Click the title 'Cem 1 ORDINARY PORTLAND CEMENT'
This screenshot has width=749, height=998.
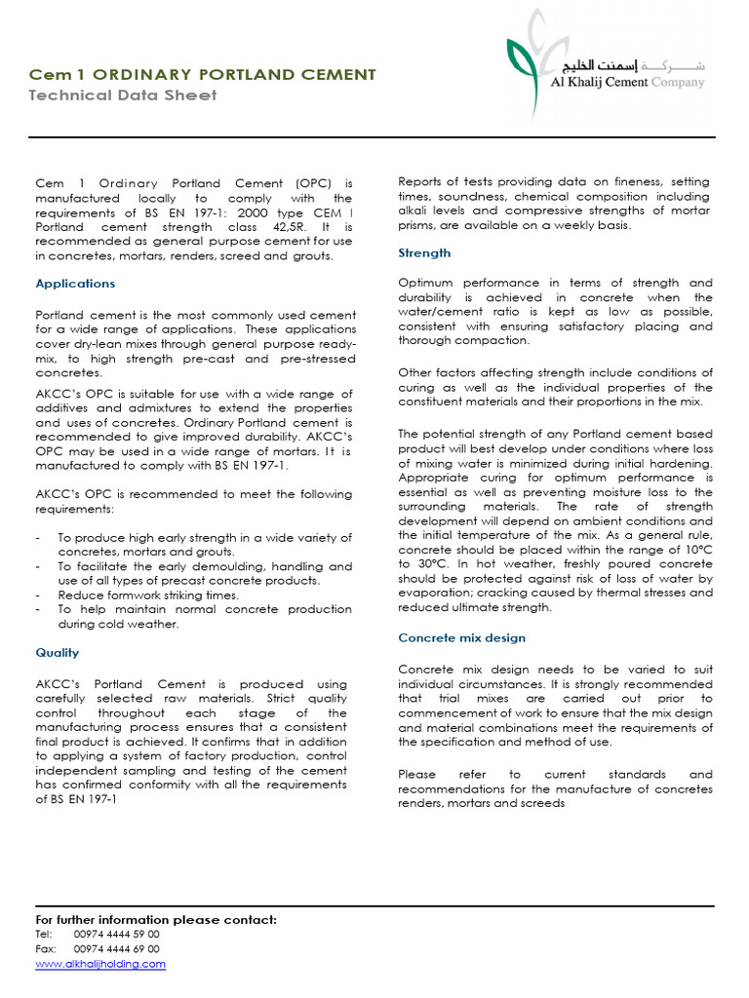tap(202, 74)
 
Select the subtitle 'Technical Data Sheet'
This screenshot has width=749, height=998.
tap(123, 96)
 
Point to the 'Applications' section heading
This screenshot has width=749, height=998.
tap(75, 284)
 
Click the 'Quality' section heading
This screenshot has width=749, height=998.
tap(58, 653)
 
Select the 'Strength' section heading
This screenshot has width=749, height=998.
tap(424, 253)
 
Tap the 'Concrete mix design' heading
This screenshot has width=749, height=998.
tap(462, 638)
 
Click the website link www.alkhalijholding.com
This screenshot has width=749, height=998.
tap(100, 964)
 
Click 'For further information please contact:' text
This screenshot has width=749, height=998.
tap(156, 919)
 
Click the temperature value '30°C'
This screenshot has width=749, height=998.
tap(426, 564)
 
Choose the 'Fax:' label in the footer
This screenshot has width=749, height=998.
tap(46, 948)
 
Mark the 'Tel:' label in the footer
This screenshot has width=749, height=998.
tap(44, 934)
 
